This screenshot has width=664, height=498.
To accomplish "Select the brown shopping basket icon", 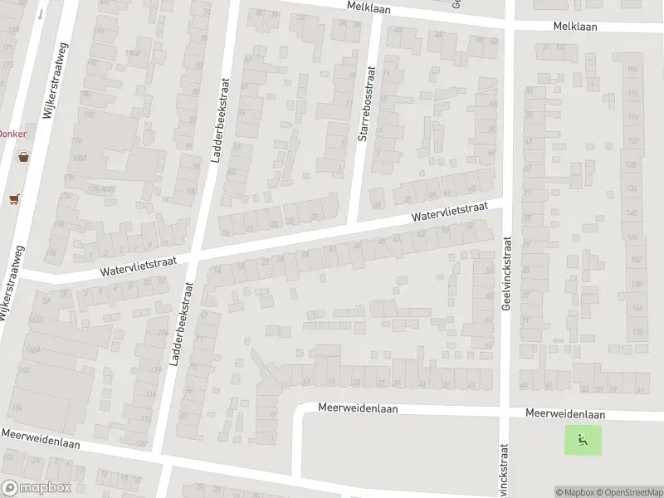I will tap(24, 155).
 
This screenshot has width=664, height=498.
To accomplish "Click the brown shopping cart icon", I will tap(13, 198).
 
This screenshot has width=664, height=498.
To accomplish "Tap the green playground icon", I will tap(583, 440).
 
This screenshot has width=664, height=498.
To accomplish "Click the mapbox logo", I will tap(37, 488).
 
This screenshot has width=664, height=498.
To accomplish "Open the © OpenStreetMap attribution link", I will tap(628, 492).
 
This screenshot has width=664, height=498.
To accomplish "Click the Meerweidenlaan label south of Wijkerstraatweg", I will tap(41, 439).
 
